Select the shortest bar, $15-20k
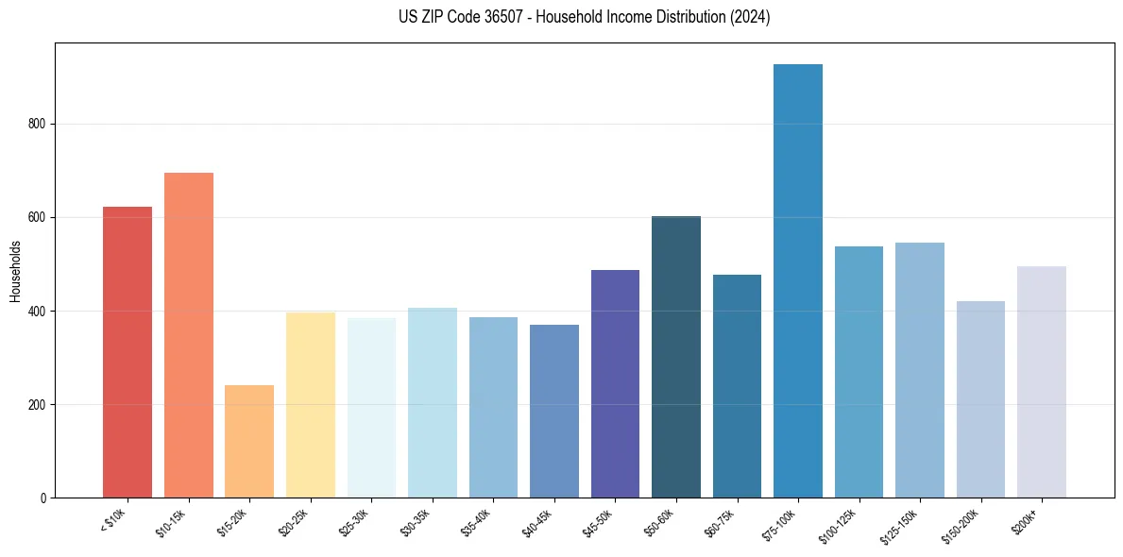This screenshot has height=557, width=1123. (249, 441)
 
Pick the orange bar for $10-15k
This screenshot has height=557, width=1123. (188, 335)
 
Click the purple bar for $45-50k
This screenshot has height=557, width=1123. (615, 383)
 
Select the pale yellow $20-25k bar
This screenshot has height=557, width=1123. (310, 405)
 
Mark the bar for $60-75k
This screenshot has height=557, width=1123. (737, 386)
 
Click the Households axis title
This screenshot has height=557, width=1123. (15, 271)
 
